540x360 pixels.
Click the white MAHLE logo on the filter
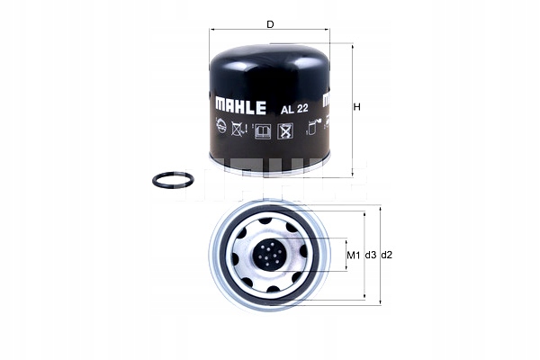tap(239, 106)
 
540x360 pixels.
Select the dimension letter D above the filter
tap(270, 24)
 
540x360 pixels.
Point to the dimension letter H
tap(356, 108)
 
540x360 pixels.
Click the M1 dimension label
tap(353, 255)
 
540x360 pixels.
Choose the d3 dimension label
tap(371, 255)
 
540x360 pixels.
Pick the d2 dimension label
tap(388, 255)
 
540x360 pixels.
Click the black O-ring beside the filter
tap(171, 181)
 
